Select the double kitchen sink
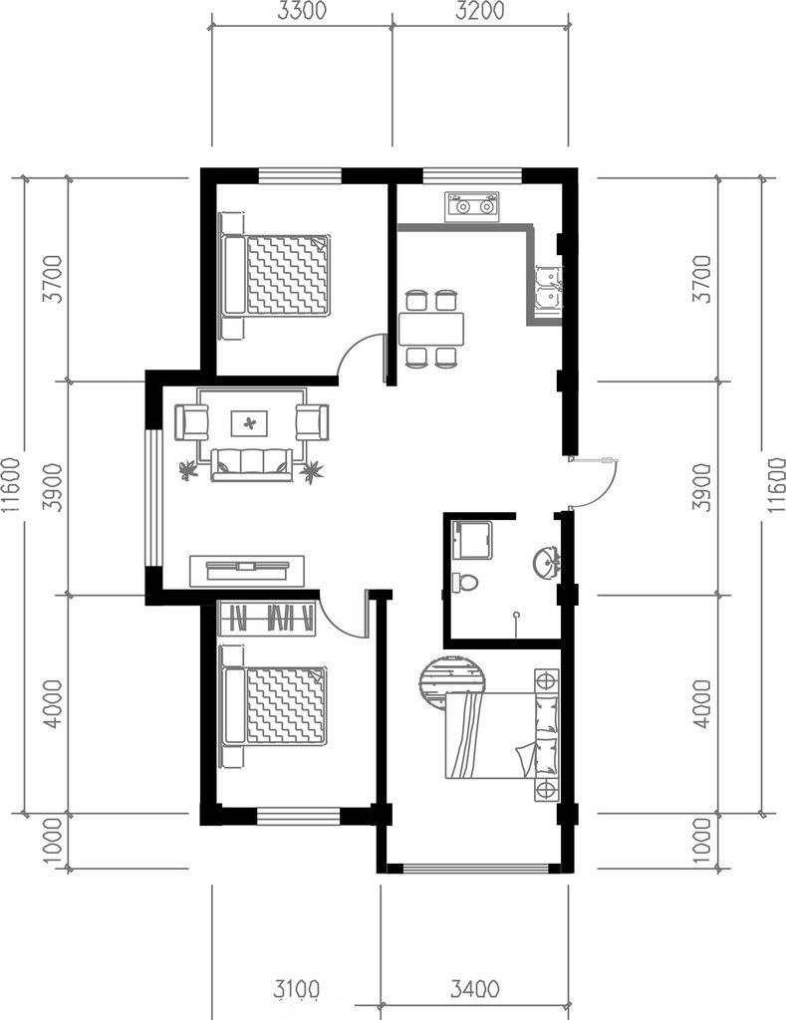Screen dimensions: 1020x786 coord(547,290)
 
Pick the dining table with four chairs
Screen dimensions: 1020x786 coord(431,328)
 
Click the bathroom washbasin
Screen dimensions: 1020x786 coord(545,564)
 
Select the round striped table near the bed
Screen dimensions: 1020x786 coord(453,682)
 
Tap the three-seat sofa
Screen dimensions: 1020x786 coord(250,463)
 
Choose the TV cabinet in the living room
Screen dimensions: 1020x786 coord(247,570)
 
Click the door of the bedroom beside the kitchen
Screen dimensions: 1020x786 coord(364,355)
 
